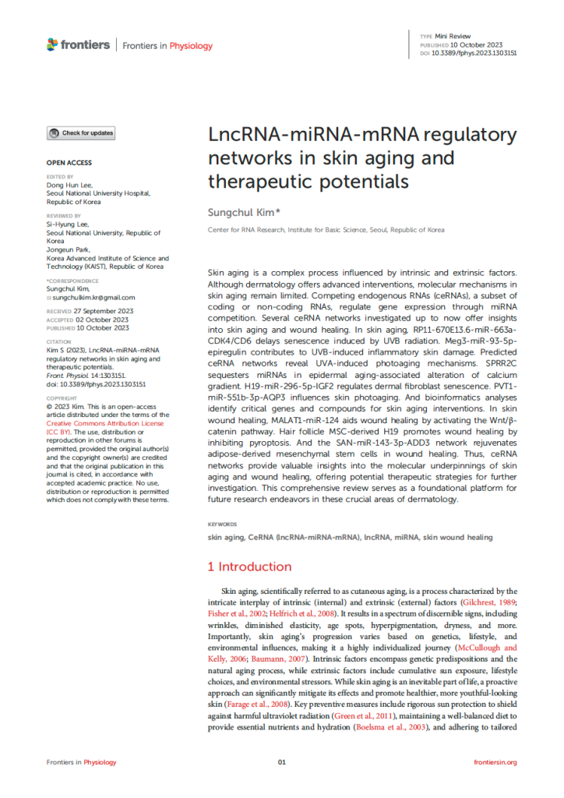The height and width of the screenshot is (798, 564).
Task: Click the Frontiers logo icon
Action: point(52,44)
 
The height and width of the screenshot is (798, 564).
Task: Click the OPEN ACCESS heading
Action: point(69,163)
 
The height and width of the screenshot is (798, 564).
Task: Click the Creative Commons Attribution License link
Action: point(106,424)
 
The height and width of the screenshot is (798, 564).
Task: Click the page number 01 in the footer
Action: point(282,761)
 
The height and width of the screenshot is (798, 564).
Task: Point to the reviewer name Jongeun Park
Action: point(72,249)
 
